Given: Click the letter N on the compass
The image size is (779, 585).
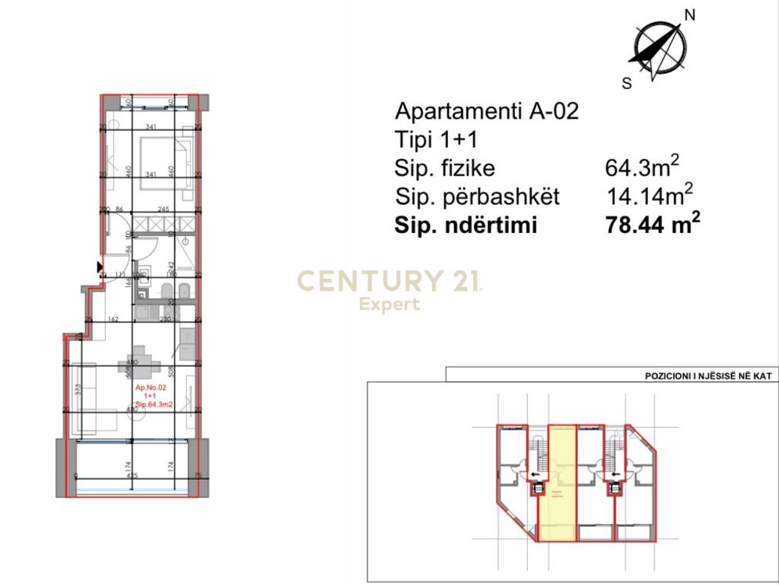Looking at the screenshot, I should tap(691, 14).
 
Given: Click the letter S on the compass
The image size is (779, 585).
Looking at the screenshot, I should tap(627, 84).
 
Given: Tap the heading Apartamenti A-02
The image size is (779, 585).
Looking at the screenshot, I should tap(487, 111).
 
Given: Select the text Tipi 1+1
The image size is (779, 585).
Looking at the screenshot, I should tap(437, 140).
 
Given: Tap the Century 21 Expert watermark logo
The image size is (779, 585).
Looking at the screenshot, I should tap(389, 289).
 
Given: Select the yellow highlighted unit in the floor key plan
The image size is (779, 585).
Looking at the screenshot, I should tap(558, 487).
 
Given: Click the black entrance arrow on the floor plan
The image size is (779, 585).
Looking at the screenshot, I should tap(99, 267).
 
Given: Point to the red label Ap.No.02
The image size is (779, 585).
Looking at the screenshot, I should tap(151, 388).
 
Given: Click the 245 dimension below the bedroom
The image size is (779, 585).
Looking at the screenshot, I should tap(162, 209).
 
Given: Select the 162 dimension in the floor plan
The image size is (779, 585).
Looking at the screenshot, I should tap(113, 320).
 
